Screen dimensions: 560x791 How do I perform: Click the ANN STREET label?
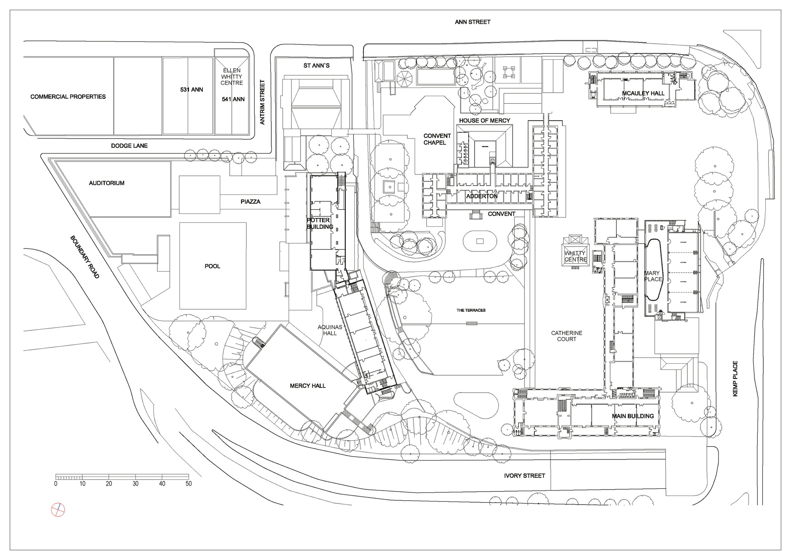point(472,22)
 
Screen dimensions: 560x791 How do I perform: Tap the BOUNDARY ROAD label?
point(85,257)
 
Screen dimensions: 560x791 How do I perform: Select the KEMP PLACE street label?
point(735,378)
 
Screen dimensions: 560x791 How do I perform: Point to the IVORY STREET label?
point(524,476)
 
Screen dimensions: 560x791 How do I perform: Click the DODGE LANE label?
point(129,146)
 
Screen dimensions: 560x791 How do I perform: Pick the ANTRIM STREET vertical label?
point(262,102)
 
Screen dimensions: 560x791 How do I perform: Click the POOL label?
point(212,266)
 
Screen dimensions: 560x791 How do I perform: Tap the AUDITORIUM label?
point(106,183)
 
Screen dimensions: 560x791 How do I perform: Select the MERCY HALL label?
point(307,385)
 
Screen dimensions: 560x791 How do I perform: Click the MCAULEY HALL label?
point(643,93)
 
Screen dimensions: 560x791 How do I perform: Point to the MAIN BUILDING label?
point(633,416)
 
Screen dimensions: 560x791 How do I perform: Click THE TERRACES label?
point(471,310)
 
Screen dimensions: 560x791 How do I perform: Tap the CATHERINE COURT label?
point(567,336)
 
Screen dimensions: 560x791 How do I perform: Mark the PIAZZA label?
point(250,201)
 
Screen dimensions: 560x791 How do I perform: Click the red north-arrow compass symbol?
point(58,510)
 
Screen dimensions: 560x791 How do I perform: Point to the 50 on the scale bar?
point(189,484)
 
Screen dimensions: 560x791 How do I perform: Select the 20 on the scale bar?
point(109,484)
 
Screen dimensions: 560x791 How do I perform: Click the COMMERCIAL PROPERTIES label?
point(68,97)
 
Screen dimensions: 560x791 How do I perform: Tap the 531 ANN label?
point(191,90)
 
